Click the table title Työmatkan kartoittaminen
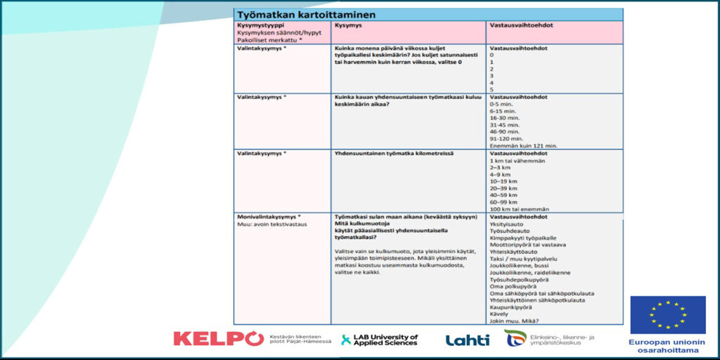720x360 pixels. (x=306, y=14)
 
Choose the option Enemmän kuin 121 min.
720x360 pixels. (x=523, y=145)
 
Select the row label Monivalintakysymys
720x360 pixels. (x=269, y=217)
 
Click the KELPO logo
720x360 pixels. (x=218, y=339)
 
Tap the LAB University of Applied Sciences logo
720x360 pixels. (x=380, y=340)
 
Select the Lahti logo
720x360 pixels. (x=467, y=340)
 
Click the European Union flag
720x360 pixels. (x=667, y=314)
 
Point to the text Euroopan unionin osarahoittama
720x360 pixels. (x=667, y=345)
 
